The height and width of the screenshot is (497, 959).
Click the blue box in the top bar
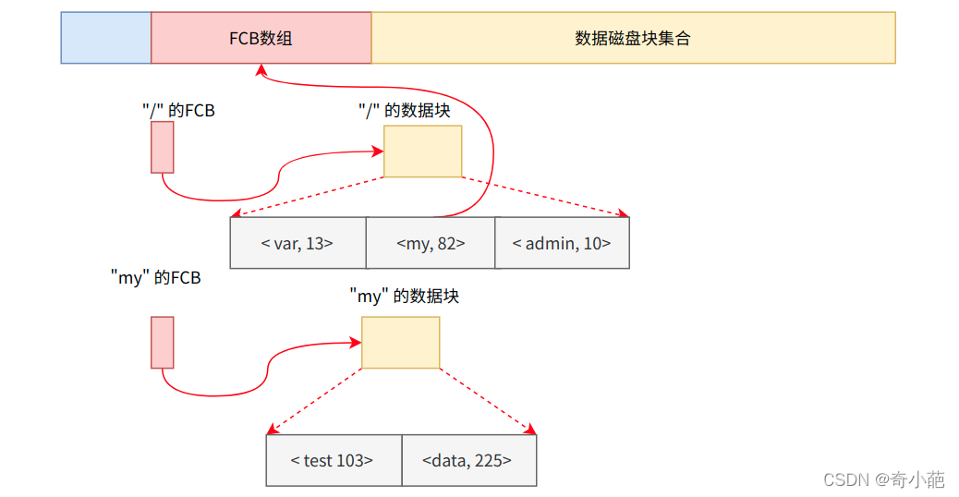tap(105, 38)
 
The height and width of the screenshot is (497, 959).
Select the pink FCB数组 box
tap(261, 38)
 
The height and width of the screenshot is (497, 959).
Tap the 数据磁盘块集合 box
tap(633, 38)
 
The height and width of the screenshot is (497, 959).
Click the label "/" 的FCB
tap(178, 110)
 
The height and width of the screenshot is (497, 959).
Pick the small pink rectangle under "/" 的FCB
tap(163, 148)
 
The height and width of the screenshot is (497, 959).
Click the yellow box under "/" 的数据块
tap(422, 152)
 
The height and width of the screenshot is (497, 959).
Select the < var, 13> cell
tap(297, 243)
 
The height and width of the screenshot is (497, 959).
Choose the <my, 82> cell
tap(431, 243)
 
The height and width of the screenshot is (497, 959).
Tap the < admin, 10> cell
tap(562, 243)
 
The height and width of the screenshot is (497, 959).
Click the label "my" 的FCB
tap(155, 277)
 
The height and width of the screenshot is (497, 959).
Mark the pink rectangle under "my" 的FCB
tap(163, 342)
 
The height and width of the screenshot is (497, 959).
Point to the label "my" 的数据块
tap(404, 297)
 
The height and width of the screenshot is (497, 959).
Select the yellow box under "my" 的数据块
tap(400, 342)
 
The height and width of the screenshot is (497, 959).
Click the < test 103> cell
tap(333, 460)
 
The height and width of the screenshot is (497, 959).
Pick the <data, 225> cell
tap(467, 460)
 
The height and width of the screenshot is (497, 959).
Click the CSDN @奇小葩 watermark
tap(884, 479)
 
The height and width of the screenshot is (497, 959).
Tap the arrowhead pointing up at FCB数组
tap(262, 70)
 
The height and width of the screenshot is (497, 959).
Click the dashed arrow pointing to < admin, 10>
tap(545, 197)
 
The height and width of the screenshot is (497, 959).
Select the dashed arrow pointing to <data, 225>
tap(488, 401)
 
